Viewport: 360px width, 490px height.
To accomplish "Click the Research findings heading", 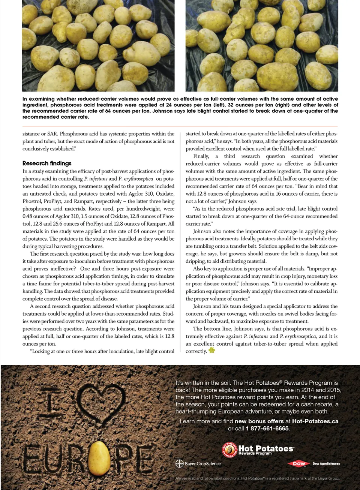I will pyautogui.click(x=47, y=163).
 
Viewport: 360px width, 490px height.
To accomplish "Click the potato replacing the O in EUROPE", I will pyautogui.click(x=99, y=458).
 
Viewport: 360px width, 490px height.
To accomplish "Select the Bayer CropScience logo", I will pyautogui.click(x=198, y=464).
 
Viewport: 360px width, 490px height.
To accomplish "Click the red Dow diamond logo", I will pyautogui.click(x=299, y=464).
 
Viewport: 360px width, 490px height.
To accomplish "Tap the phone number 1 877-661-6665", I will pyautogui.click(x=267, y=429).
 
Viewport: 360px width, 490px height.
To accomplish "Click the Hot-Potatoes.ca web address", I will pyautogui.click(x=315, y=421).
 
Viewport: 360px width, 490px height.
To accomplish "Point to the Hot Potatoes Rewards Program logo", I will pyautogui.click(x=258, y=450).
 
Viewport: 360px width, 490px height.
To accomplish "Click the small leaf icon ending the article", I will pyautogui.click(x=212, y=350).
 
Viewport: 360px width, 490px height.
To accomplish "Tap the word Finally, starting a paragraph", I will pyautogui.click(x=201, y=156).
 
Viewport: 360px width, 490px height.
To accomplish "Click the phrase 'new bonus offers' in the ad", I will pyautogui.click(x=259, y=421).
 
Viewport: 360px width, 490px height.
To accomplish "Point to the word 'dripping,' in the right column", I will pyautogui.click(x=195, y=261).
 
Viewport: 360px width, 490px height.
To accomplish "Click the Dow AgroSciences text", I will pyautogui.click(x=326, y=464).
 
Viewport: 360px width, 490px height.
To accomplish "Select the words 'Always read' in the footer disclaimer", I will pyautogui.click(x=183, y=478).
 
